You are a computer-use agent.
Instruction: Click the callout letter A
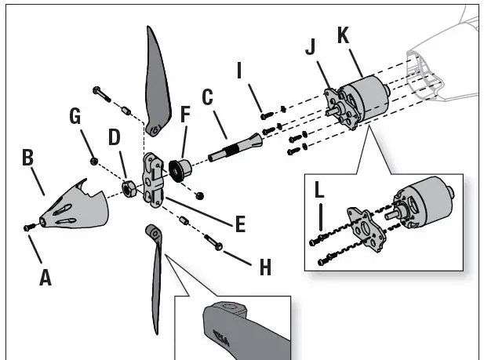point(45,277)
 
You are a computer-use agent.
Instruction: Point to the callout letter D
point(115,137)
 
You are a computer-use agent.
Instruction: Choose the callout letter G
point(75,117)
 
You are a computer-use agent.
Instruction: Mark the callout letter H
point(265,267)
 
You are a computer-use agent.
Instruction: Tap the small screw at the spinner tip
point(28,227)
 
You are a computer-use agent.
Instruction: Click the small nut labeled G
point(94,160)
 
